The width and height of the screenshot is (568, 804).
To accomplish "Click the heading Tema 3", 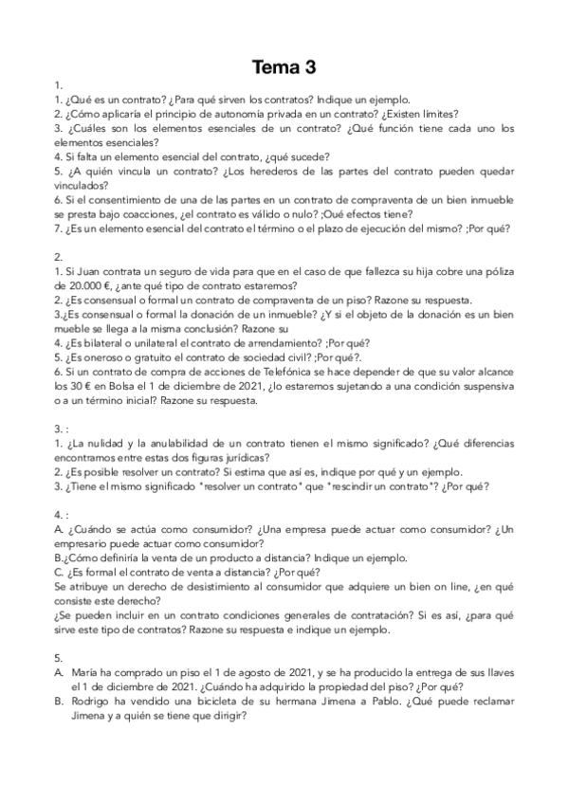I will coord(284,67).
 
